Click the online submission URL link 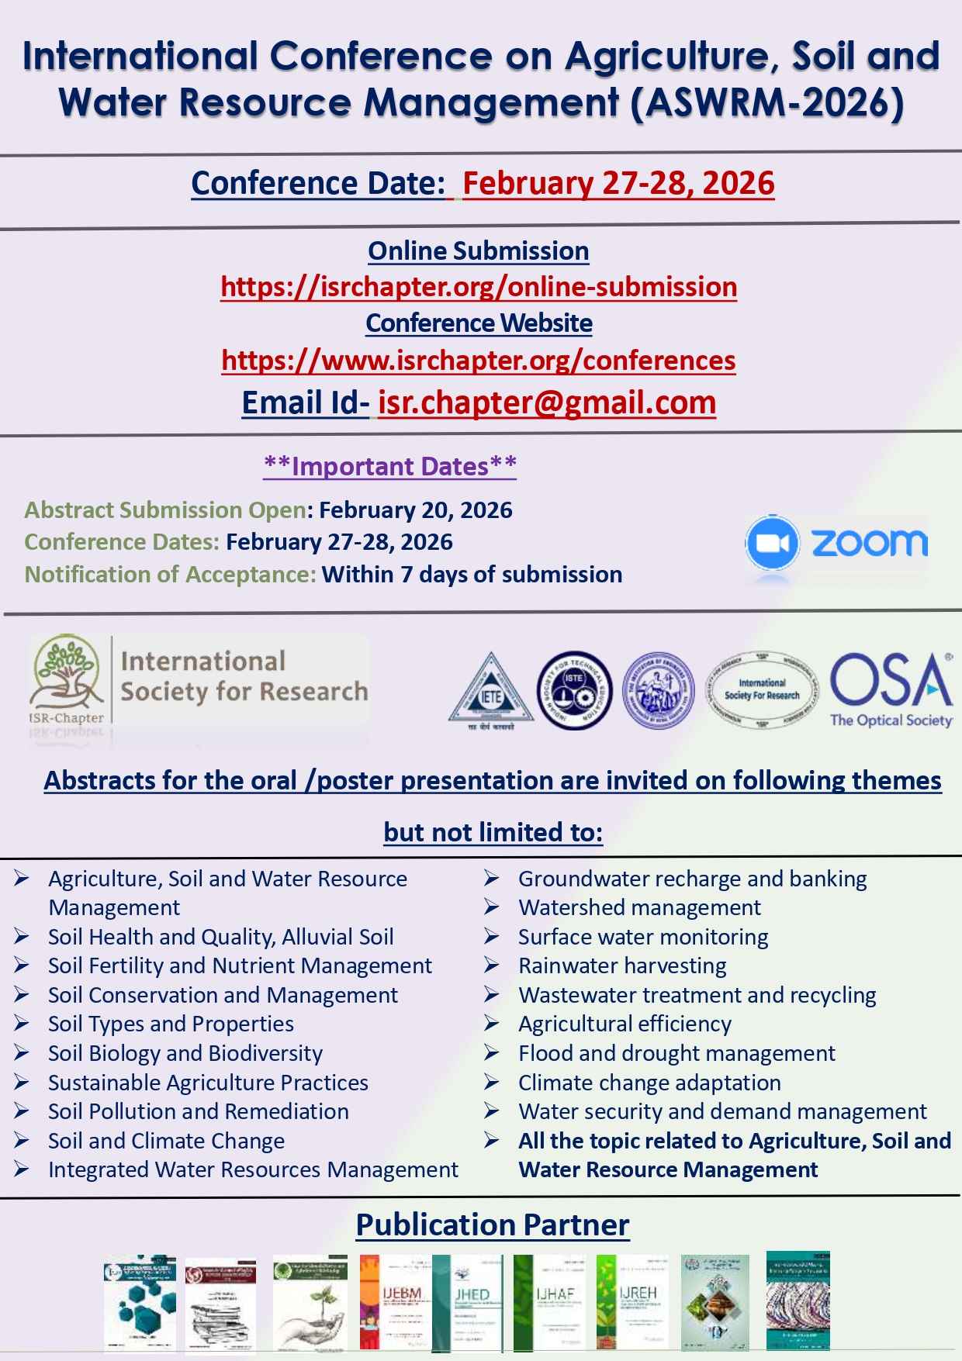click(x=479, y=287)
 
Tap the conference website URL click(x=479, y=361)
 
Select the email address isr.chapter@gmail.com click(x=546, y=402)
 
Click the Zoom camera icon click(x=771, y=543)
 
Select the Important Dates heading click(x=389, y=466)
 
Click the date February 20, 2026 click(x=415, y=510)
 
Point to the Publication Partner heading click(x=493, y=1225)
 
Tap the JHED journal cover click(x=471, y=1302)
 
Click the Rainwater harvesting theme click(x=622, y=966)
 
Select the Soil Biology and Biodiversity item click(x=185, y=1054)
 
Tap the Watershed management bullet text click(x=639, y=908)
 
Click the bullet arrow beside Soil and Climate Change click(x=21, y=1141)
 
